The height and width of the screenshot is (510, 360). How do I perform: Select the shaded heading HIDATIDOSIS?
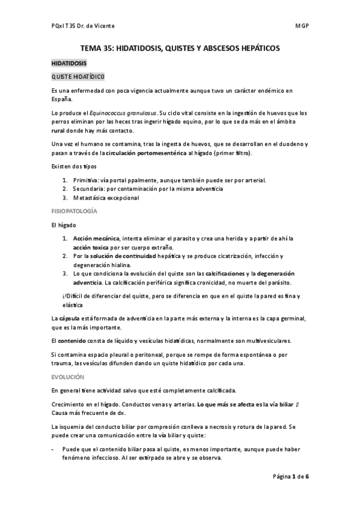point(69,63)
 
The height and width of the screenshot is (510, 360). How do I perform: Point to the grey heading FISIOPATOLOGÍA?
point(75,212)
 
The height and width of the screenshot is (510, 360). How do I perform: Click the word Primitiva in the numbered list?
point(84,180)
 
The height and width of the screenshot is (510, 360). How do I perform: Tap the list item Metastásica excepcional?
point(105,197)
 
